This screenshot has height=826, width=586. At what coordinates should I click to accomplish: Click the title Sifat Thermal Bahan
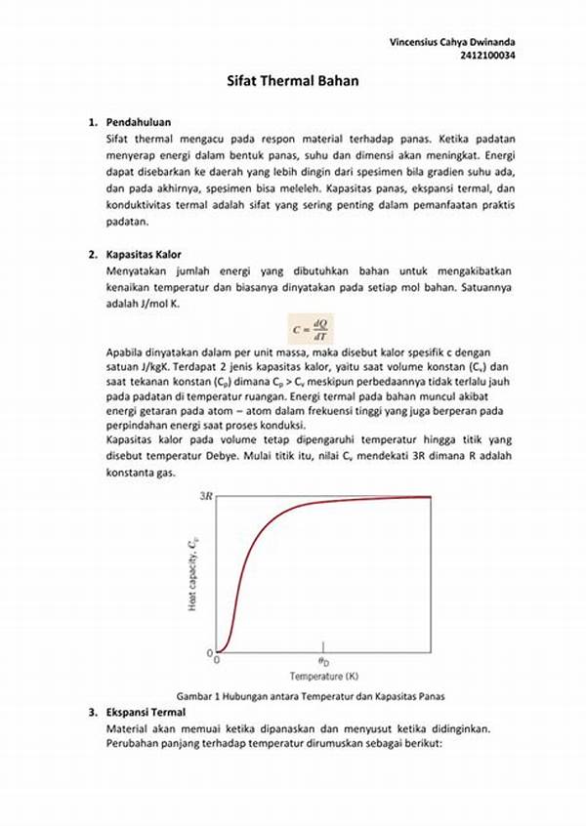(292, 83)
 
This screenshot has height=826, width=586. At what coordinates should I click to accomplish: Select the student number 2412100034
(488, 57)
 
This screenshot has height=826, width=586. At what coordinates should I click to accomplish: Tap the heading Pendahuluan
(139, 122)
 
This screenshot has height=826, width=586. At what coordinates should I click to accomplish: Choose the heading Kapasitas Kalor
(146, 254)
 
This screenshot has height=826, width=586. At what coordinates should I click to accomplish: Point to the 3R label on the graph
(206, 496)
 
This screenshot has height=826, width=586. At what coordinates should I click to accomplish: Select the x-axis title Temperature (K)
(321, 676)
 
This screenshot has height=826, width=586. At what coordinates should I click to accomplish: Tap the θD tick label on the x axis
(321, 661)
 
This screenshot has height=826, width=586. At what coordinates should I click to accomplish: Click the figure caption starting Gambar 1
(305, 696)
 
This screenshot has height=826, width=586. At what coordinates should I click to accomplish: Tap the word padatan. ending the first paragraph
(126, 222)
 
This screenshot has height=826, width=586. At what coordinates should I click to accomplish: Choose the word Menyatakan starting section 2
(137, 269)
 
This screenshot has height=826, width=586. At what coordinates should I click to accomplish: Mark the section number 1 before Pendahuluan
(91, 122)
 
